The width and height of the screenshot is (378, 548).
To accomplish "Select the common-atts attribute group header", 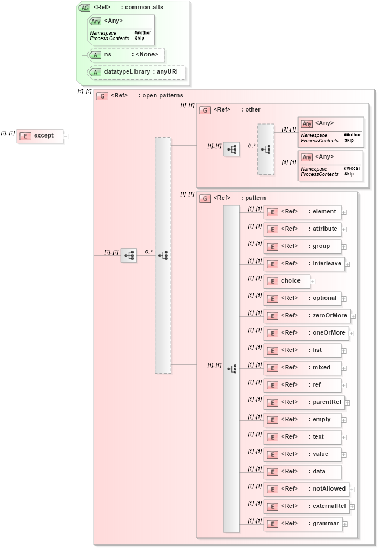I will click(x=128, y=8).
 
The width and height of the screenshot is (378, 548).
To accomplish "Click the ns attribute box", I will click(x=127, y=55).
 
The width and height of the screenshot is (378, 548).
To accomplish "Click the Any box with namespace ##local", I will click(x=330, y=165).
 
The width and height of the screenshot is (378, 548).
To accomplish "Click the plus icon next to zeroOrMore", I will click(x=353, y=316).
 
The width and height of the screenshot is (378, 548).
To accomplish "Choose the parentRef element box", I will click(x=304, y=402).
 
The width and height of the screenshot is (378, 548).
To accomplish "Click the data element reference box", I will click(x=302, y=472).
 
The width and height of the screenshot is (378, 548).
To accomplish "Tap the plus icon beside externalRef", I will click(x=353, y=506).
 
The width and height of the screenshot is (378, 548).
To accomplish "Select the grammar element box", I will click(x=303, y=524).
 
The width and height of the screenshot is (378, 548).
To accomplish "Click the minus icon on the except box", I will click(x=65, y=136).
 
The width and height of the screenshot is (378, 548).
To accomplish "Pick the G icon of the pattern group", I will click(x=205, y=198).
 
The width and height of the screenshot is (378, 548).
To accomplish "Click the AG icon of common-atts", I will click(x=85, y=8).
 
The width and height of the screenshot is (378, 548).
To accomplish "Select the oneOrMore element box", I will click(x=307, y=333).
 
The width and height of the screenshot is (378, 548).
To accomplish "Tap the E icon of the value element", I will click(x=273, y=455).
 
